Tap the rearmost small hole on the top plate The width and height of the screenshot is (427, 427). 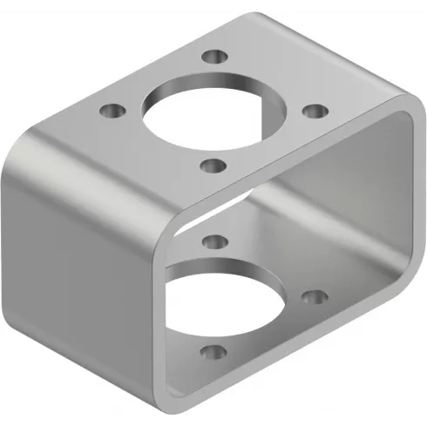(213, 58)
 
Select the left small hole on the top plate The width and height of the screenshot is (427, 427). (112, 112)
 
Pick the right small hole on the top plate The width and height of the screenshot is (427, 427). (315, 112)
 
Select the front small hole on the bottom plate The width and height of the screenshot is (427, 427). (212, 353)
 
